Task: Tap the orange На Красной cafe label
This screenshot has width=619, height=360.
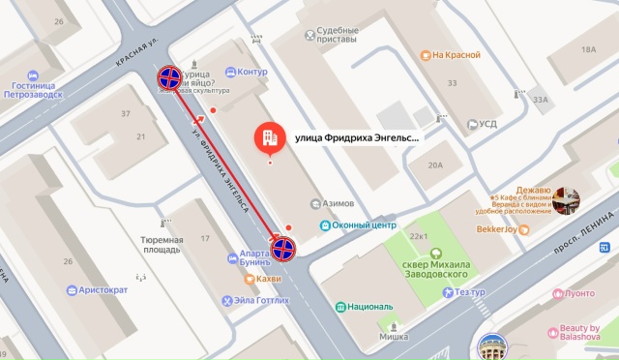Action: (x=456, y=55)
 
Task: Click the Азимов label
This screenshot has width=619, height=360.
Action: (x=338, y=203)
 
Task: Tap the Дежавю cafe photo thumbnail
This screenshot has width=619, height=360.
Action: (x=565, y=200)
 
